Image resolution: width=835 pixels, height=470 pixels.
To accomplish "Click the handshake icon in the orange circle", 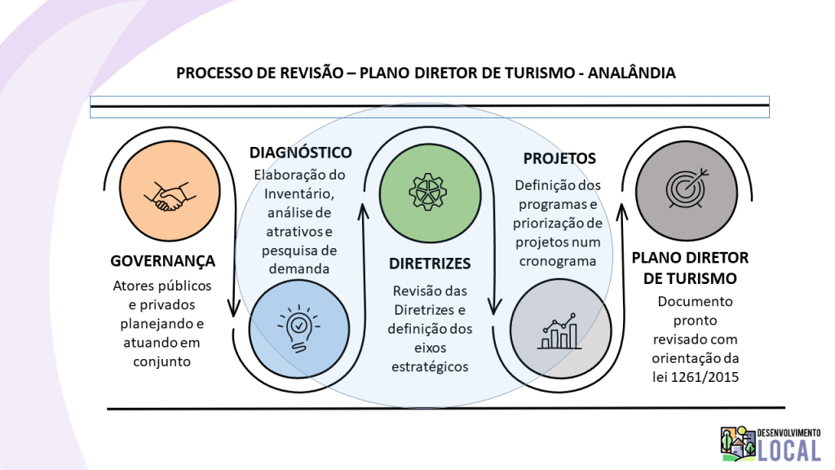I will click(169, 197).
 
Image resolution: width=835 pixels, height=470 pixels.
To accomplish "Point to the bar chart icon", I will click(559, 328).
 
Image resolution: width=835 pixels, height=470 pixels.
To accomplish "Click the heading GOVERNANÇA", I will click(163, 261).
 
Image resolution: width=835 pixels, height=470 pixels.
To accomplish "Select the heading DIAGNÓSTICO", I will click(301, 153).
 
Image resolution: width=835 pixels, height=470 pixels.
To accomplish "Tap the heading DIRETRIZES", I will click(430, 264).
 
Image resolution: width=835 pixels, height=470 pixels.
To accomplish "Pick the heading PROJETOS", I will click(559, 158).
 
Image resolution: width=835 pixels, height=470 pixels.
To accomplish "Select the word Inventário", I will click(298, 193).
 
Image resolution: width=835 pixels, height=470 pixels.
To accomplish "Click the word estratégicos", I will click(430, 366).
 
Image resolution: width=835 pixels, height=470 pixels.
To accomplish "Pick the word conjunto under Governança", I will click(161, 361).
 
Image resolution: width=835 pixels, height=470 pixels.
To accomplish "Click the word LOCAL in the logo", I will click(789, 448).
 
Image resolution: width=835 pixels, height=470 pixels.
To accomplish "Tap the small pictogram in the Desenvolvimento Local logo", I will click(738, 443).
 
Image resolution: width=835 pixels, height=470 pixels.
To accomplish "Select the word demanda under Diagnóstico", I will click(298, 268).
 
